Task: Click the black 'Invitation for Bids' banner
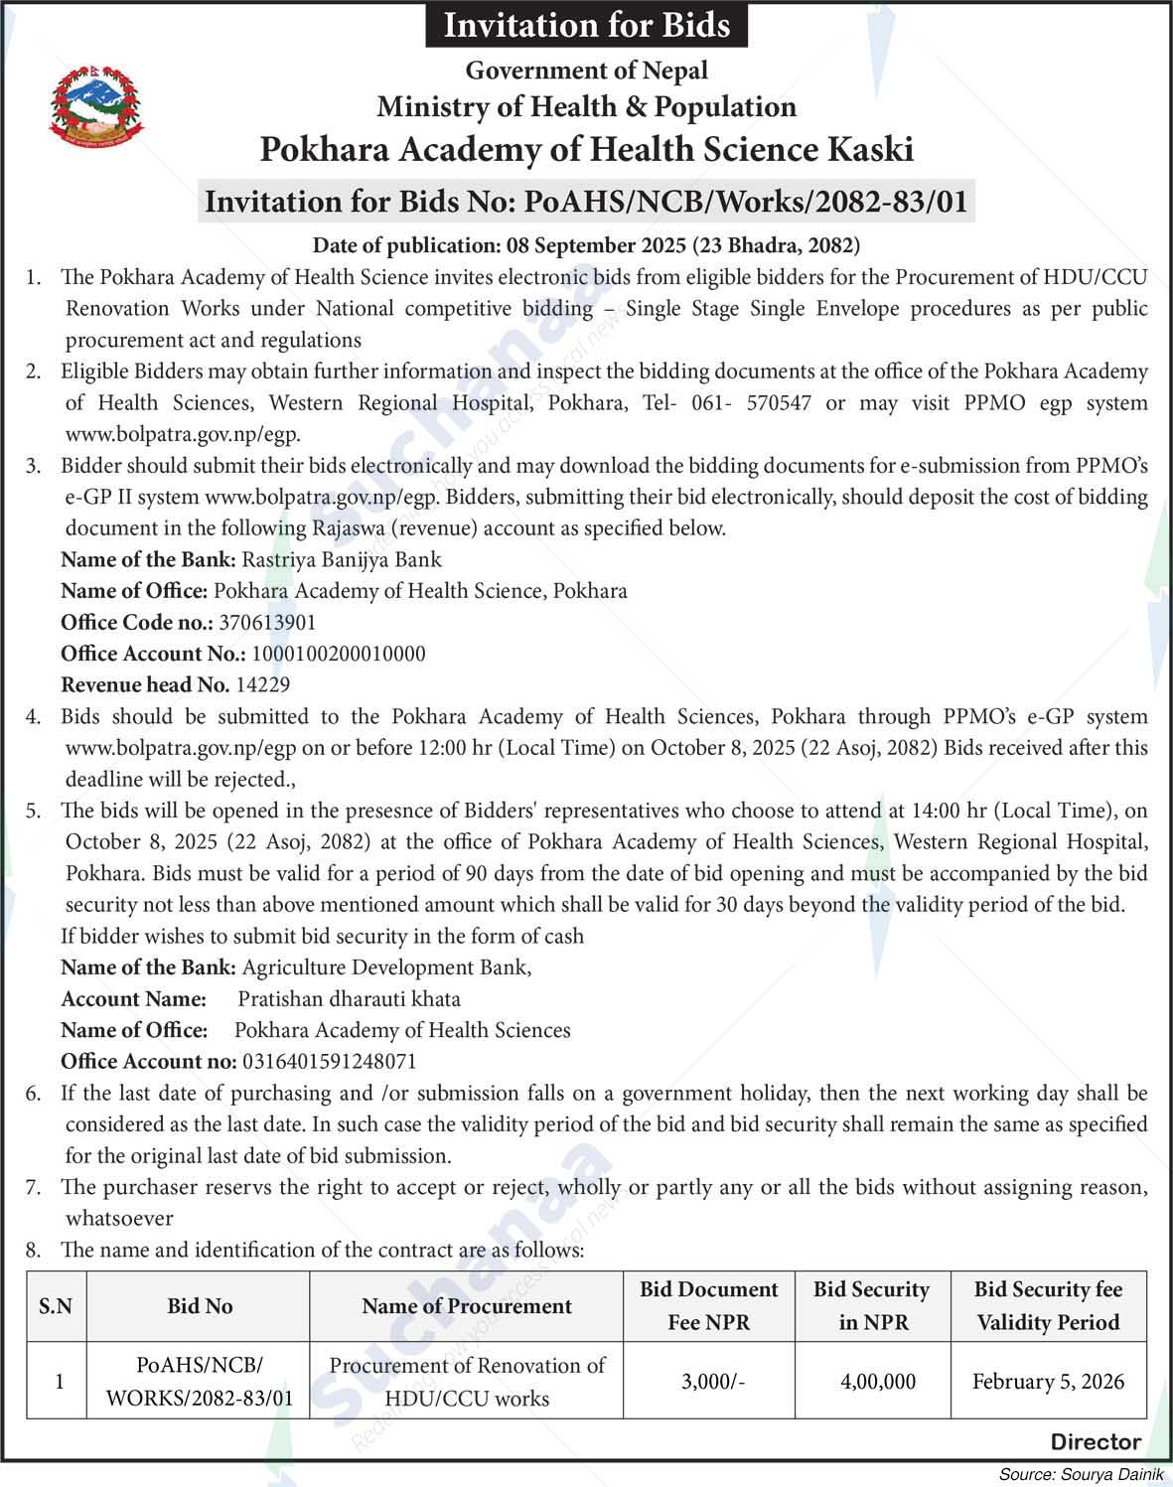(586, 25)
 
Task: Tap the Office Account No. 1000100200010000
(339, 654)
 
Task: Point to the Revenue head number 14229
(263, 684)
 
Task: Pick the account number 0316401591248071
(327, 1061)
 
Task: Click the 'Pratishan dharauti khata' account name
(349, 998)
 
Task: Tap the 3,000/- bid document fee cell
(712, 1381)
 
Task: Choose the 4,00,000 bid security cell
(878, 1381)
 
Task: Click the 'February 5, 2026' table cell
(1048, 1381)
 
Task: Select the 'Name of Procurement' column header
(466, 1306)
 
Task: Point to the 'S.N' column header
(56, 1306)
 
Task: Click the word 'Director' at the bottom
(1096, 1441)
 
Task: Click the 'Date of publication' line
(586, 244)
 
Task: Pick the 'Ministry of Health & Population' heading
(586, 106)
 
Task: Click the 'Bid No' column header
(199, 1306)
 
